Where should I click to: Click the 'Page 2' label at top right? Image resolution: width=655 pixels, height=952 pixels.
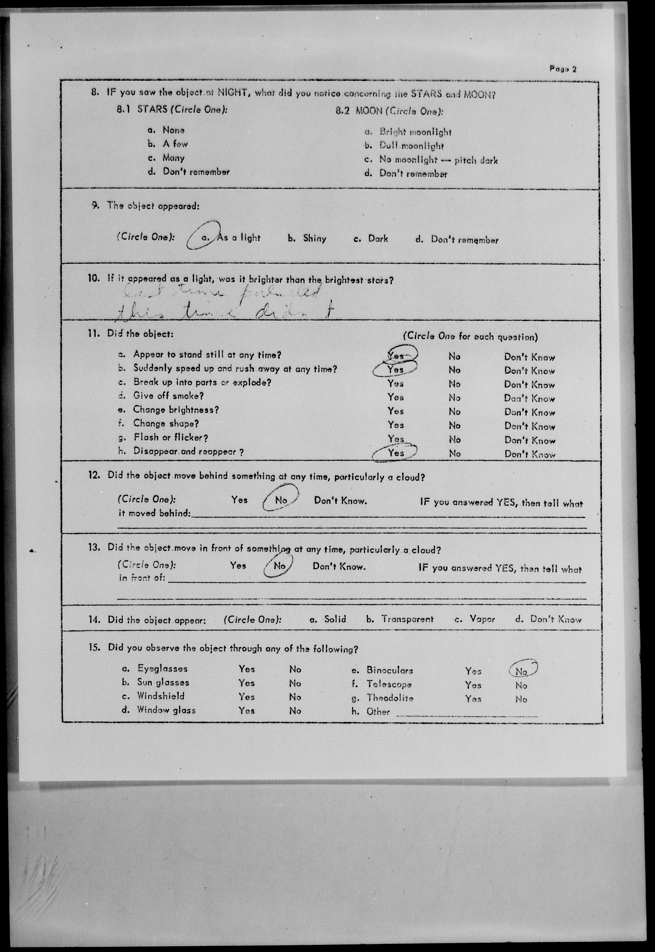(x=563, y=69)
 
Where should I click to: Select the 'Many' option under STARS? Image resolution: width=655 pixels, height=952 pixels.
(x=173, y=158)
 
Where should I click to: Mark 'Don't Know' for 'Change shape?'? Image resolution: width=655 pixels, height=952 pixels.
(x=529, y=426)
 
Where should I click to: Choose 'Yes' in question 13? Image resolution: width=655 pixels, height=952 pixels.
(x=238, y=565)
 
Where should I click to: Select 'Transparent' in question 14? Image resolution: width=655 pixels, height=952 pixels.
(x=407, y=619)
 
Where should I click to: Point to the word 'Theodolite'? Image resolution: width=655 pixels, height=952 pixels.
(x=390, y=698)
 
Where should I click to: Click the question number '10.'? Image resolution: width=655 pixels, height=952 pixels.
(x=94, y=278)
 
